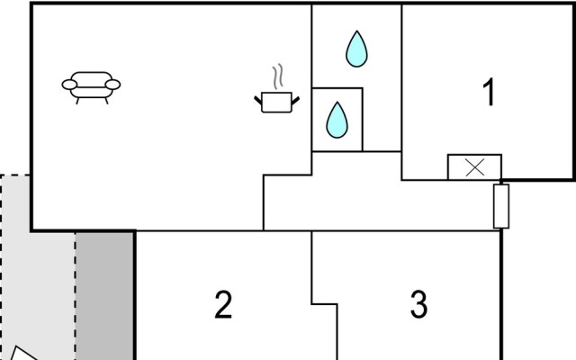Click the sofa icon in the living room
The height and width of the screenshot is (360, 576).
coord(91,85)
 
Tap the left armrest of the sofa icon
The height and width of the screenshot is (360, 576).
coord(68,85)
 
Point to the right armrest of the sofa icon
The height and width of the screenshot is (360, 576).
coord(113,85)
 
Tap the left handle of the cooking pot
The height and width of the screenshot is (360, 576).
coord(258,97)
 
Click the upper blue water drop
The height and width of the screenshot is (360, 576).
coord(356,49)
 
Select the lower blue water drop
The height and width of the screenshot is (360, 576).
coord(337,120)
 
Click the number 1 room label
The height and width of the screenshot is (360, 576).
coord(489,94)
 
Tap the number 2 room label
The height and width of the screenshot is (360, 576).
coord(223,305)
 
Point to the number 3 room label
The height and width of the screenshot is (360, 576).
coord(418,305)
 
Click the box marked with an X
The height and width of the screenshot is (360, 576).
coord(474,167)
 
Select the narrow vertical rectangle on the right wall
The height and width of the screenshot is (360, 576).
coord(501,206)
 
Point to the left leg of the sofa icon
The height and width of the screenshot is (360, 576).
coord(78,100)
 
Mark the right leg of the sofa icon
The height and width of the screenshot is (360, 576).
coord(103,100)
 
